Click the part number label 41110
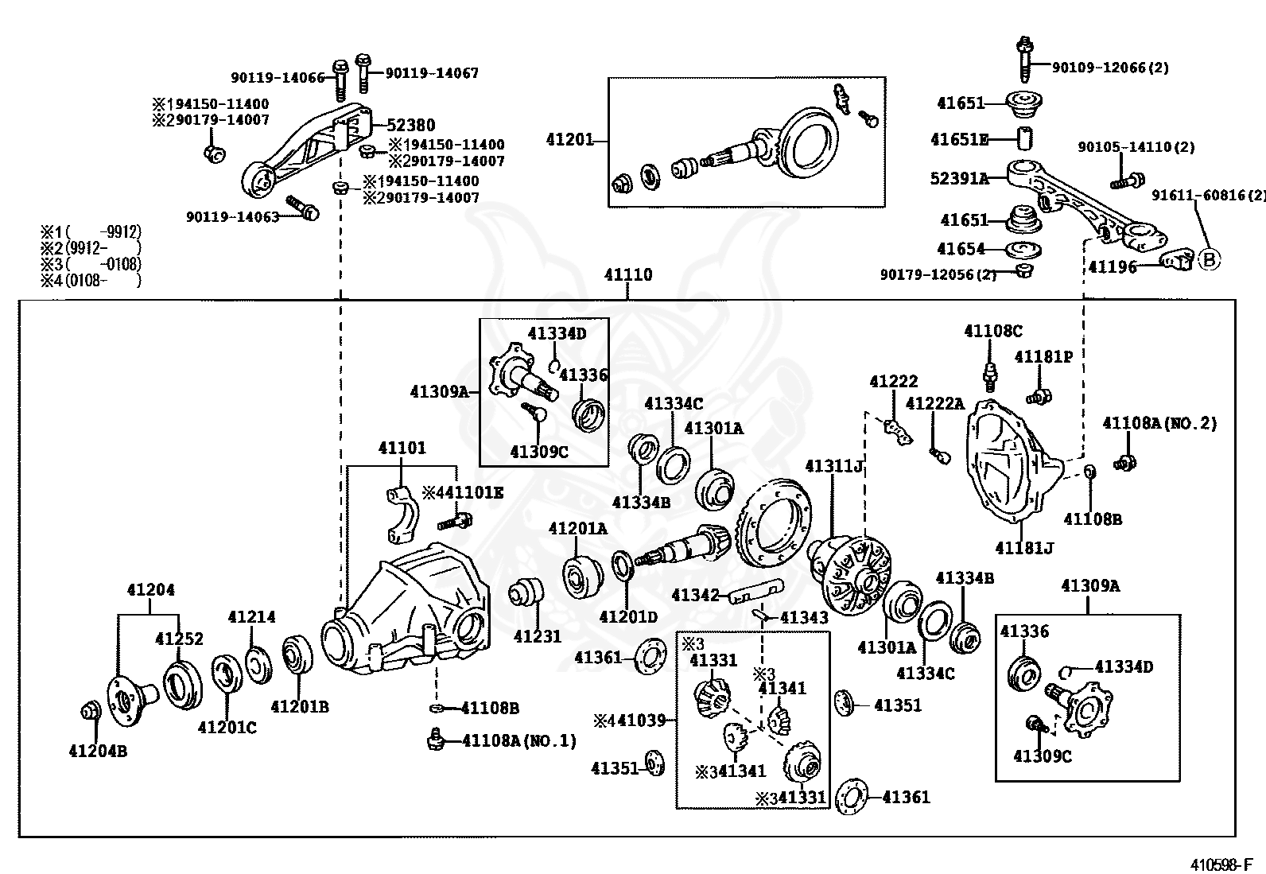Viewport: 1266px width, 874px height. pos(627,275)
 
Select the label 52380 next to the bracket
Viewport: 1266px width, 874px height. pos(411,125)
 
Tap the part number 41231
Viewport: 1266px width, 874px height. pos(537,636)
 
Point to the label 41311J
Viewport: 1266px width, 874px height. pos(834,465)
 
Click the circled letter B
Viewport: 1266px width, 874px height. pos(1208,259)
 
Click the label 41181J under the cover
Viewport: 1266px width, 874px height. pos(1024,548)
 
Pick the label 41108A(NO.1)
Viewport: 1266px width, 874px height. pos(519,740)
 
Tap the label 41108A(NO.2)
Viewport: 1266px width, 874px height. pos(1159,423)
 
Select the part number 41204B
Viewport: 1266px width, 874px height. pos(98,750)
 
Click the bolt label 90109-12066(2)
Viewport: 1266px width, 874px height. pos(1110,68)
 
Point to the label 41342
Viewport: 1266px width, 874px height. pos(695,595)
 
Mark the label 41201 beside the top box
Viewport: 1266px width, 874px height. pos(569,140)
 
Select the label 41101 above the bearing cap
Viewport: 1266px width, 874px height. pos(402,448)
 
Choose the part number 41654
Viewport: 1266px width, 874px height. pos(961,249)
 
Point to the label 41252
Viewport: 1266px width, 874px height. pos(179,639)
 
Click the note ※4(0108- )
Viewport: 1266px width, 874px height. pos(91,280)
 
